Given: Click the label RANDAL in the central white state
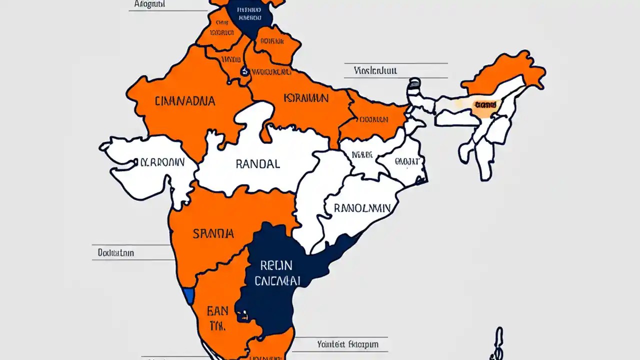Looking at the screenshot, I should coord(257,164).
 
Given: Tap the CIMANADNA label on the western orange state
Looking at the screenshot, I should coord(185,101).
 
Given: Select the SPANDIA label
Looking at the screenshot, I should coord(213,233).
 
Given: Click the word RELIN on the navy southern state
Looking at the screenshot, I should coord(276,265).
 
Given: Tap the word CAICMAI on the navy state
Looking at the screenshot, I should coord(277,281).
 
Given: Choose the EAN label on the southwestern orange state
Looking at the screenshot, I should coord(217,311).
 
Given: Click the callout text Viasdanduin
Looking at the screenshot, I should coord(375,70).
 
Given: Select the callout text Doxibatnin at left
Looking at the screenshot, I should coord(115,253).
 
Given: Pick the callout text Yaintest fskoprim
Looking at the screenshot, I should coord(347,344).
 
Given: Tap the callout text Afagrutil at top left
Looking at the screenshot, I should coord(149,4).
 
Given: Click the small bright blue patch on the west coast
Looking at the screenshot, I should coord(188,295).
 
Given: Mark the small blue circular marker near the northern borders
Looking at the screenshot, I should coord(244,71).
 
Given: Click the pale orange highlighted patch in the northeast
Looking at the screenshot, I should coord(484,106).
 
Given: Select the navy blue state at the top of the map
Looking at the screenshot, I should coord(248,15).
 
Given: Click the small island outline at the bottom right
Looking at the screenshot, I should coord(497,345).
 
